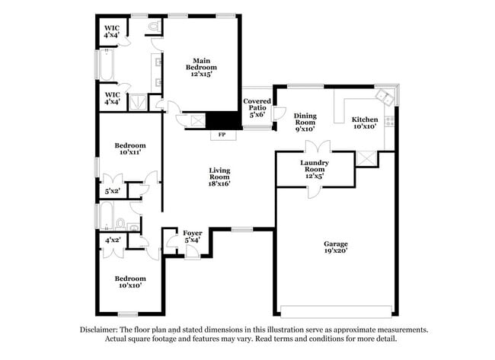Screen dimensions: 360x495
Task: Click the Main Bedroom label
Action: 201,67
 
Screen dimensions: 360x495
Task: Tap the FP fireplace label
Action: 222,135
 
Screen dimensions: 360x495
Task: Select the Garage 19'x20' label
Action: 336,247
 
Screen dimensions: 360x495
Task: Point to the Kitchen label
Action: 364,123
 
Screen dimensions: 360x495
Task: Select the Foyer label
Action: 192,237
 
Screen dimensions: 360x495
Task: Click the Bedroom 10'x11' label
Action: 130,148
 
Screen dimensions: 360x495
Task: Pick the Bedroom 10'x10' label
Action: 130,282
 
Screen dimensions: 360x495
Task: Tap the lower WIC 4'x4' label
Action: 112,98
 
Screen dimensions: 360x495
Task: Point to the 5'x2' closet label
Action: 112,191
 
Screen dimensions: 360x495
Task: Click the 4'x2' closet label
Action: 112,240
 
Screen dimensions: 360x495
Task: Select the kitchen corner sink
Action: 385,98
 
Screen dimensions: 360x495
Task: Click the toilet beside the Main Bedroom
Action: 155,27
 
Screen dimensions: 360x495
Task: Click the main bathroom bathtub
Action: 106,65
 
